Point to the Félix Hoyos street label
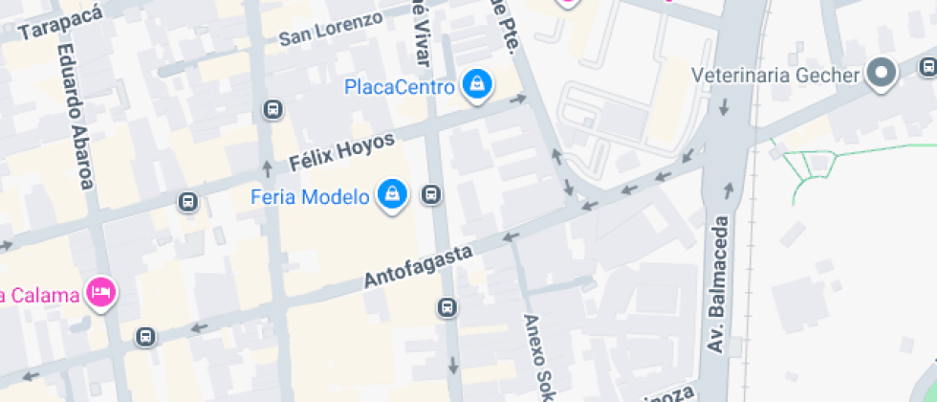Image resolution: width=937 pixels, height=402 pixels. pyautogui.click(x=341, y=150)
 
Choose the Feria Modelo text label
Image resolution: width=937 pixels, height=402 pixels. pyautogui.click(x=310, y=197)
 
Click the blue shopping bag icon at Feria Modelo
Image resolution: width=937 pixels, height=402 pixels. pyautogui.click(x=392, y=195)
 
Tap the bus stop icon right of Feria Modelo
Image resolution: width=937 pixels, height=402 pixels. pyautogui.click(x=431, y=196)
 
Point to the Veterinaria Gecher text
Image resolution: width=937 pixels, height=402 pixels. pyautogui.click(x=775, y=75)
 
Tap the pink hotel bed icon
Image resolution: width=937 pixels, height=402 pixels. pyautogui.click(x=98, y=292)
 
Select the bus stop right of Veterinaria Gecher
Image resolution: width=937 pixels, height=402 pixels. pyautogui.click(x=927, y=66)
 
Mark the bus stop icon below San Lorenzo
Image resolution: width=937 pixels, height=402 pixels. pyautogui.click(x=274, y=109)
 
